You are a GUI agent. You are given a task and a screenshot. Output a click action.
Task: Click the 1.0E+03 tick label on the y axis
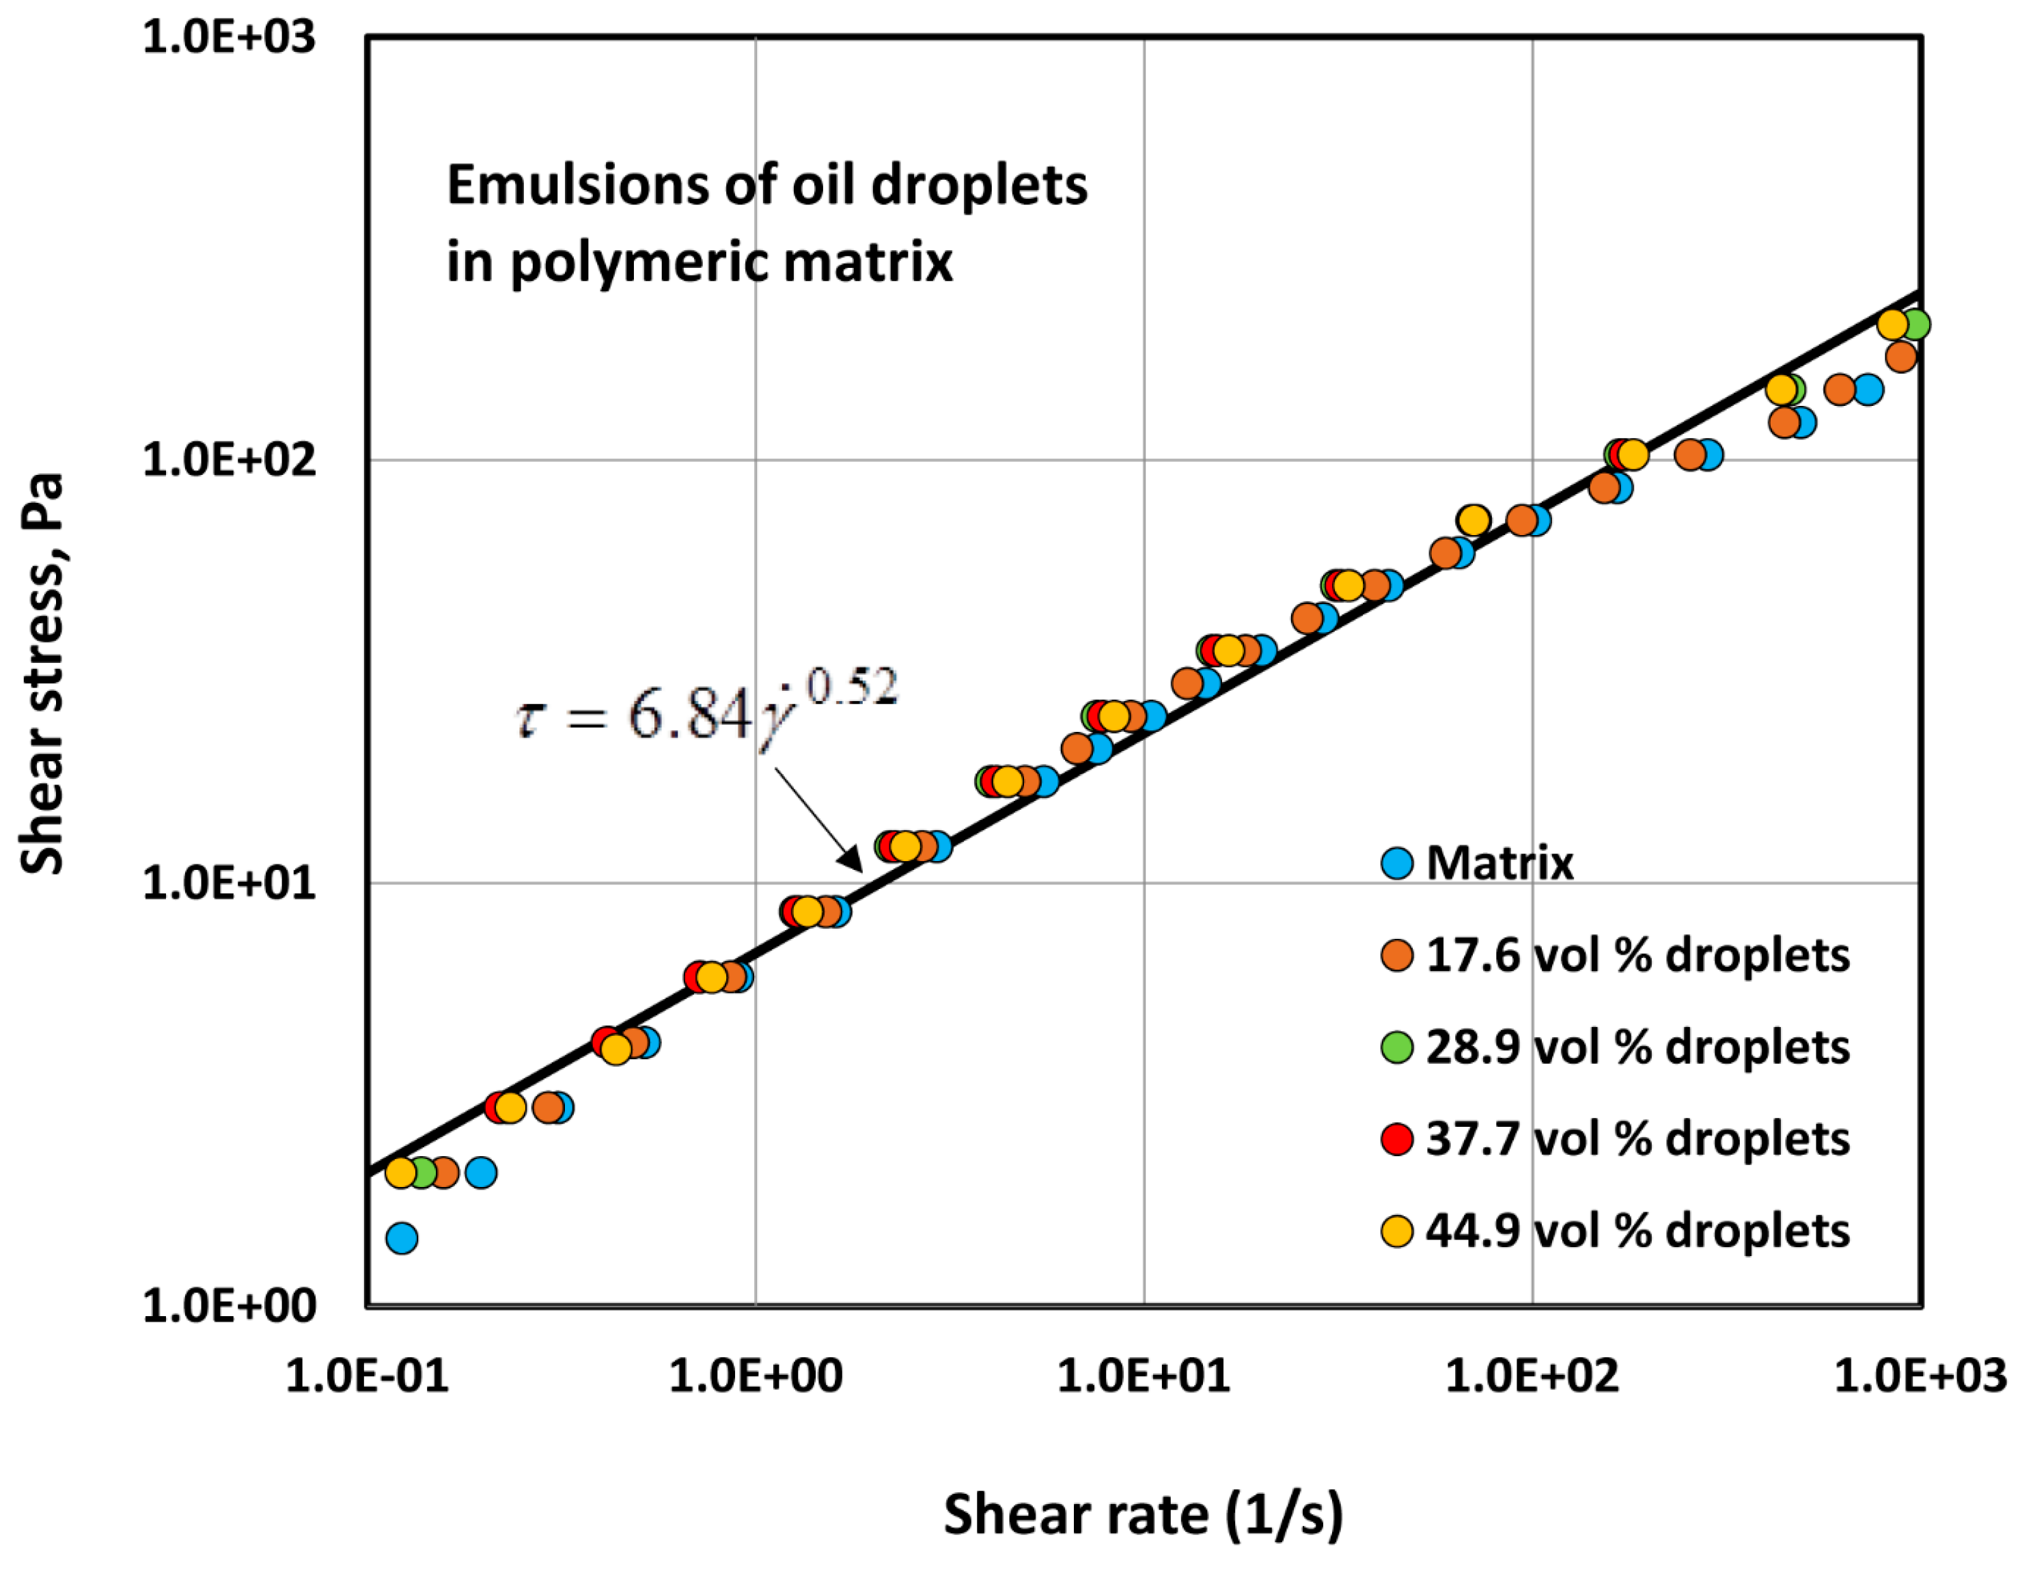(228, 38)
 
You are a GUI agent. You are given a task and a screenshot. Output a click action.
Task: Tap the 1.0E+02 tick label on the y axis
(228, 460)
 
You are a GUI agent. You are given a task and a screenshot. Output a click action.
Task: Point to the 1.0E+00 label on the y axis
(228, 1305)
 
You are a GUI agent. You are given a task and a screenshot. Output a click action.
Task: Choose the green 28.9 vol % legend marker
(1396, 1046)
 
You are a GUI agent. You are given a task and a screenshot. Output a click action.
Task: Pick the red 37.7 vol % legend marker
(1396, 1139)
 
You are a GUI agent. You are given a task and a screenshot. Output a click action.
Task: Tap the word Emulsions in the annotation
(577, 185)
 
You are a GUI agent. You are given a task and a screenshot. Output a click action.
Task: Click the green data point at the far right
(1915, 325)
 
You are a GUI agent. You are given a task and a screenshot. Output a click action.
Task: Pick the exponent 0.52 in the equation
(851, 689)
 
